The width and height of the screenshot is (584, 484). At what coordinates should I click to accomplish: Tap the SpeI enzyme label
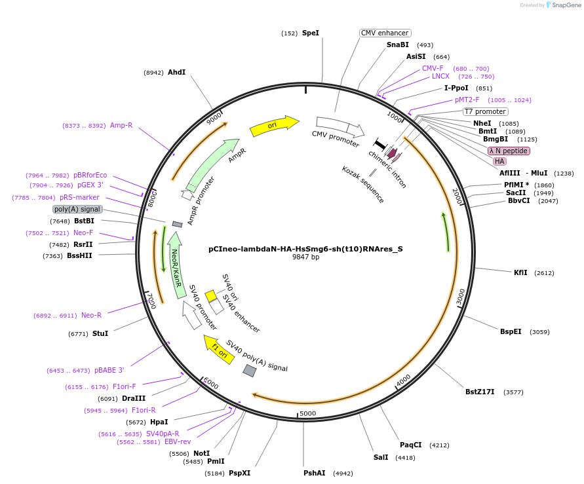click(x=311, y=33)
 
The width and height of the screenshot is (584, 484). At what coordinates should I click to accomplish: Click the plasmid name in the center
click(x=305, y=249)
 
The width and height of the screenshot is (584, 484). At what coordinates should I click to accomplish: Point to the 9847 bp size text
click(x=305, y=257)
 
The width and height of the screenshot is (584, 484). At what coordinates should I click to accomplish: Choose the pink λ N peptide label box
click(x=509, y=151)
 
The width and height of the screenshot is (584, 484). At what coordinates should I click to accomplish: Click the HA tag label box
click(x=499, y=161)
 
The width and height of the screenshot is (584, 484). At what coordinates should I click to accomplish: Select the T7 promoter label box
click(x=485, y=111)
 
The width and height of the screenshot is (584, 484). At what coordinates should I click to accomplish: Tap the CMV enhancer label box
click(x=385, y=33)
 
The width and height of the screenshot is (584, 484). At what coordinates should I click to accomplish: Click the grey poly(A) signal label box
click(x=77, y=210)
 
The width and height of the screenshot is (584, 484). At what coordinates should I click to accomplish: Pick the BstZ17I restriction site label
click(x=480, y=392)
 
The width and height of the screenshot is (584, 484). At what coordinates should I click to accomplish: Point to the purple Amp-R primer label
click(x=121, y=125)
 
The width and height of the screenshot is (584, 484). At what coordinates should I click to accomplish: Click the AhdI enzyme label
click(x=177, y=72)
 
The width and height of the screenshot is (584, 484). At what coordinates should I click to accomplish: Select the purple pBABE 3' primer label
click(x=109, y=370)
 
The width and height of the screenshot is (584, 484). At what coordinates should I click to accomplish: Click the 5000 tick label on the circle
click(x=307, y=414)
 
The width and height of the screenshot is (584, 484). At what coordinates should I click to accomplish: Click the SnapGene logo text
click(x=566, y=5)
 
